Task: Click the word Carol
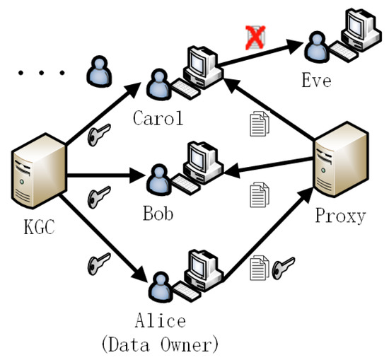tap(158, 117)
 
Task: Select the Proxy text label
tap(342, 216)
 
